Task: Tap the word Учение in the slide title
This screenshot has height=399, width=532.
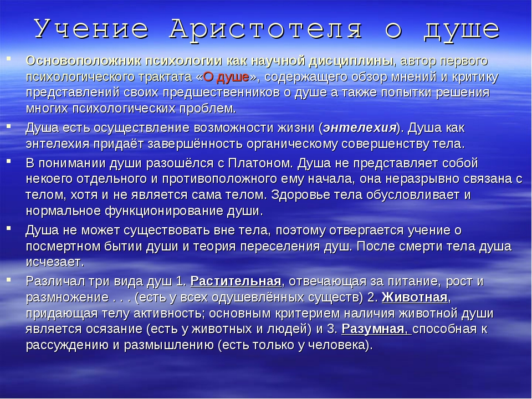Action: tap(91, 29)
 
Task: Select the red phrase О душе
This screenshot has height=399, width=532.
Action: tap(226, 78)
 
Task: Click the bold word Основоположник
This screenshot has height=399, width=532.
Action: tap(84, 61)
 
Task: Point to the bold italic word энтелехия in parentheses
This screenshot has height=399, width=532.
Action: tap(360, 128)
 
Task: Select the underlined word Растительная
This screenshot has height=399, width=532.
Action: tap(236, 282)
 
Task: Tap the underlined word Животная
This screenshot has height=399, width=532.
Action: tap(415, 298)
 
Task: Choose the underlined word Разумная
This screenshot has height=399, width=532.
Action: tap(372, 329)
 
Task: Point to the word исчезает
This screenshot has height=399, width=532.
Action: tap(54, 262)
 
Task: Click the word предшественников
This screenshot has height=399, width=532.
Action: tap(222, 93)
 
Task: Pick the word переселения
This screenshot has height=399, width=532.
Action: tap(280, 246)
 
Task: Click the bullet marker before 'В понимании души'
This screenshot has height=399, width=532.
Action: tap(8, 161)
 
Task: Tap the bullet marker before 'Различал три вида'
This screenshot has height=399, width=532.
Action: tap(8, 279)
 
